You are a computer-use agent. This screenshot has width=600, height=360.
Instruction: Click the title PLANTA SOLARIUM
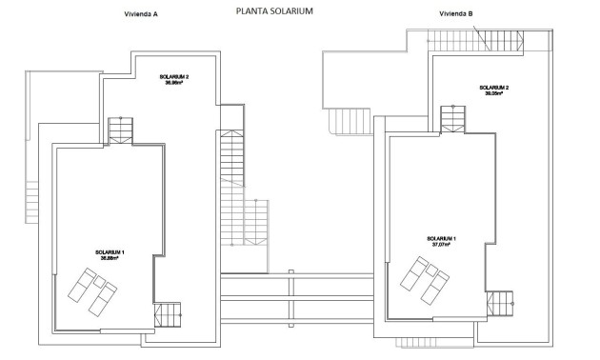pyautogui.click(x=273, y=11)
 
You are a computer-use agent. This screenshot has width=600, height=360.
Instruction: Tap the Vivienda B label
pyautogui.click(x=457, y=15)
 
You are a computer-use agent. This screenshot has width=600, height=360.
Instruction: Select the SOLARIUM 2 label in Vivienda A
pyautogui.click(x=174, y=76)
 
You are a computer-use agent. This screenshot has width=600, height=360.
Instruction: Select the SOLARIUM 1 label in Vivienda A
pyautogui.click(x=111, y=251)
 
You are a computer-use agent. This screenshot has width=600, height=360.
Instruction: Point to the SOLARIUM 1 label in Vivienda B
pyautogui.click(x=440, y=238)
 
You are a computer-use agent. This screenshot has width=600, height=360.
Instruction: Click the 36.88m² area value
pyautogui.click(x=111, y=258)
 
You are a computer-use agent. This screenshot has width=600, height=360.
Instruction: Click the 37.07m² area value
pyautogui.click(x=440, y=245)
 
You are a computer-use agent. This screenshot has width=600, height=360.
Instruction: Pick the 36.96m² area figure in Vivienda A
pyautogui.click(x=174, y=83)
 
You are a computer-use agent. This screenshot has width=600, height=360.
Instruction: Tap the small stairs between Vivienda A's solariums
pyautogui.click(x=121, y=129)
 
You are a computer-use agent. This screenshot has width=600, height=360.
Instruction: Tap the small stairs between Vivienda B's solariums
pyautogui.click(x=453, y=118)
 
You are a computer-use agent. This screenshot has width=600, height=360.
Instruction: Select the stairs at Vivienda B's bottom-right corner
pyautogui.click(x=501, y=304)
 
